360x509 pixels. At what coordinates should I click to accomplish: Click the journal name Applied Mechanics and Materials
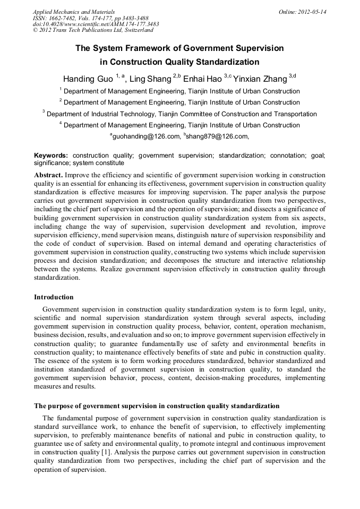(x=73, y=12)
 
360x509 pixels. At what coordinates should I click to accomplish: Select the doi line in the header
(x=96, y=24)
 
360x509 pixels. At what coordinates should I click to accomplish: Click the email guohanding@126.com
(x=147, y=136)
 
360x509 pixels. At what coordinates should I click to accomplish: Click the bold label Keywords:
(x=51, y=156)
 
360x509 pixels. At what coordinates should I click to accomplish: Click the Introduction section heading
(x=54, y=297)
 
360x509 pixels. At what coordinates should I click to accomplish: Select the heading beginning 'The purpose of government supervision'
(x=157, y=406)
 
